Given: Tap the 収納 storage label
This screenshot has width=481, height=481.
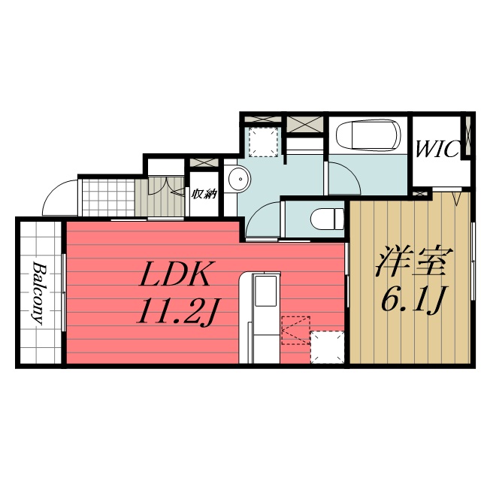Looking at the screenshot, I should [x=204, y=194].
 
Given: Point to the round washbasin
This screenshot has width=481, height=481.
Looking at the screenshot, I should [x=240, y=179].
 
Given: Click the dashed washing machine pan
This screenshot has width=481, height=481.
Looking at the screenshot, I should [x=264, y=141].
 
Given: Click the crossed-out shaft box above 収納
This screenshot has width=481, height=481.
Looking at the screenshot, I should [x=202, y=162].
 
